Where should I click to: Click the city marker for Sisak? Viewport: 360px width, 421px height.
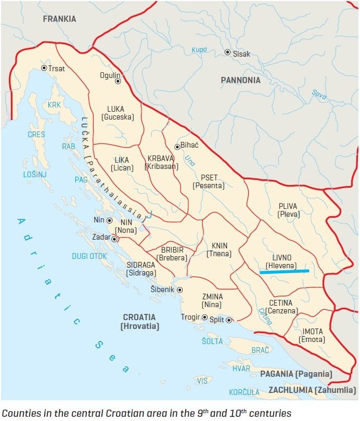click(227, 52)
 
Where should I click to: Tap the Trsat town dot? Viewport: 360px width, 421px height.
click(44, 68)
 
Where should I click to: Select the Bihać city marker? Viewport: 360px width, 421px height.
click(177, 147)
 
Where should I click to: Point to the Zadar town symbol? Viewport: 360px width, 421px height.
click(114, 239)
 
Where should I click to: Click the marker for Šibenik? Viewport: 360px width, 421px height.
click(179, 290)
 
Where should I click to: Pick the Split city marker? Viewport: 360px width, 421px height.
click(229, 320)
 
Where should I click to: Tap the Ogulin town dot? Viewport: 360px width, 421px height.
click(118, 81)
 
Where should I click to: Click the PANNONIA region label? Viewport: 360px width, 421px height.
click(240, 80)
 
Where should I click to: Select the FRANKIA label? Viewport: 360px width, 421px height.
click(59, 19)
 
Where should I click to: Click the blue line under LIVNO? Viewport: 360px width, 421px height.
click(284, 271)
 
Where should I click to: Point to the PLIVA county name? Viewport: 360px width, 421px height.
click(288, 206)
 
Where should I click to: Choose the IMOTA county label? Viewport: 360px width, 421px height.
click(312, 332)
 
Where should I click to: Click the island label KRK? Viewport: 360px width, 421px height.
click(54, 105)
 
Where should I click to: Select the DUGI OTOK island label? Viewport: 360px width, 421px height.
click(89, 256)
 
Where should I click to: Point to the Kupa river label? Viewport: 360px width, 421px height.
click(199, 50)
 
